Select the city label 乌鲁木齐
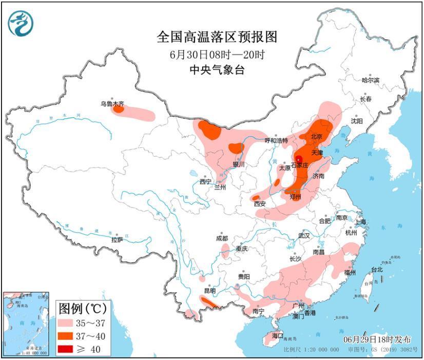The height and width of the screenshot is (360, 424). (x=112, y=104)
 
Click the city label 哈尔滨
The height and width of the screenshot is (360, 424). (x=370, y=80)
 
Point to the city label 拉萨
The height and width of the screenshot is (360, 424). (x=117, y=239)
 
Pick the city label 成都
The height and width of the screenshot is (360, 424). (x=222, y=238)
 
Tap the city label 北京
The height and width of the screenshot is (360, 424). (x=316, y=137)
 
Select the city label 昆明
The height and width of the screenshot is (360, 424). (x=210, y=291)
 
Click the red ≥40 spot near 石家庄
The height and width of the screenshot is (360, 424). (x=298, y=159)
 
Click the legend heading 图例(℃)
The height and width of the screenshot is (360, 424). (x=82, y=309)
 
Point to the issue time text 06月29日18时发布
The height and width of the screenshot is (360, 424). (x=378, y=339)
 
